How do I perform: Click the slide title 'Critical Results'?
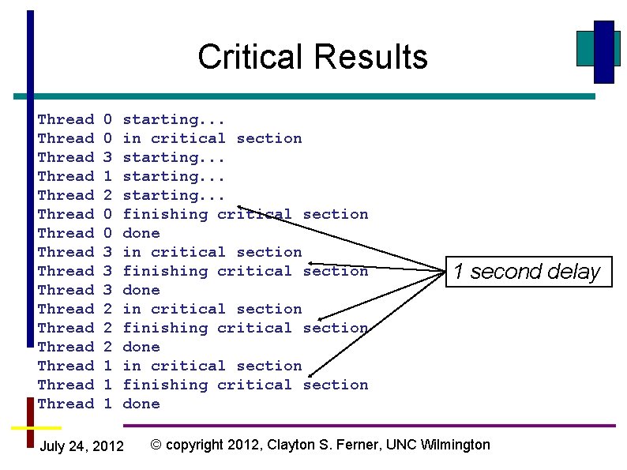tap(313, 57)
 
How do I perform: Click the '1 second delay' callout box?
tap(527, 272)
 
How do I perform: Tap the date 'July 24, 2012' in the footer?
tap(81, 447)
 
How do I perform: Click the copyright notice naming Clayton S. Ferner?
tap(320, 445)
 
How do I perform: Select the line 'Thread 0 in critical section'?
tap(170, 139)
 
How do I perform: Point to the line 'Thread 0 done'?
tap(99, 234)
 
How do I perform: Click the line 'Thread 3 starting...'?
tap(131, 158)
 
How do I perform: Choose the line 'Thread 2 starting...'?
tap(131, 196)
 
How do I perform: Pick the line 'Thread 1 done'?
tap(99, 404)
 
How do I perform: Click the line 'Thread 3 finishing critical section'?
tap(203, 272)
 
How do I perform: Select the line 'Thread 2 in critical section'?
tap(170, 310)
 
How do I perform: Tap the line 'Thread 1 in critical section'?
tap(170, 367)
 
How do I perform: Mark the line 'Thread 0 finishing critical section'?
tap(203, 215)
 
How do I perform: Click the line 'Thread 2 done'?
tap(99, 348)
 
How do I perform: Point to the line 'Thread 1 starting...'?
tap(131, 177)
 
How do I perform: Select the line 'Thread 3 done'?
tap(99, 291)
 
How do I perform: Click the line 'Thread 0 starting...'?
tap(131, 120)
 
